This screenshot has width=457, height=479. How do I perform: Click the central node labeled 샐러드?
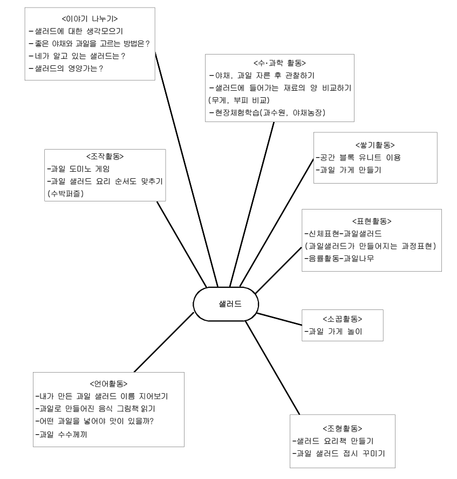(226, 303)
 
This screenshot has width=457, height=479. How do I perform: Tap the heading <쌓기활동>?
(376, 145)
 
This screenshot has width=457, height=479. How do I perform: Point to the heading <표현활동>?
(371, 221)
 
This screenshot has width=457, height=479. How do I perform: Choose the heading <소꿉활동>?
(343, 318)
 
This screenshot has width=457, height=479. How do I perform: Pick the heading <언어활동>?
(108, 384)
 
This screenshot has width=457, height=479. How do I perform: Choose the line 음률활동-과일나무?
(339, 259)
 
